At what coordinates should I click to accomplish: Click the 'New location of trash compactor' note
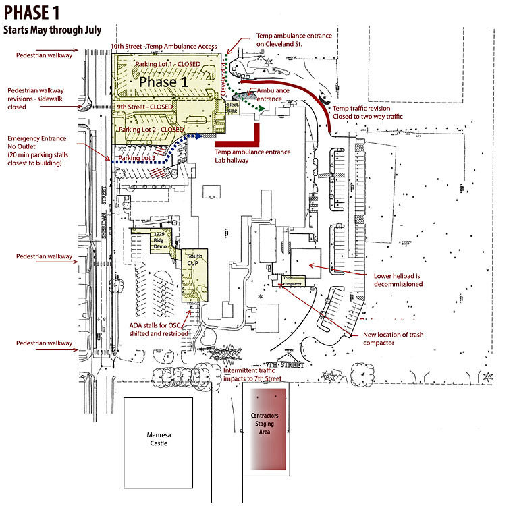[x=393, y=339]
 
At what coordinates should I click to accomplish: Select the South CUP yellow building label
[x=195, y=259]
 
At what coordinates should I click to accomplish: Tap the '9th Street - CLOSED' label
[x=144, y=107]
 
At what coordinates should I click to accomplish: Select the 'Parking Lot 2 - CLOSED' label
[x=151, y=129]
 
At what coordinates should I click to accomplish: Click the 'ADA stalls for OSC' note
[x=160, y=330]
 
